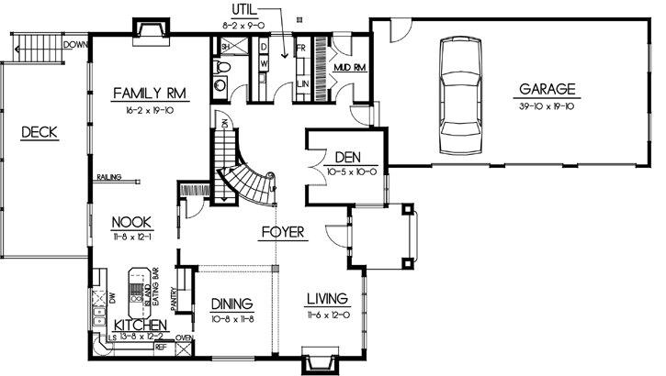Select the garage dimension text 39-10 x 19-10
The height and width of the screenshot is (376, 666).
tap(547, 105)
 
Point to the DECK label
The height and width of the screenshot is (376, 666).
tap(40, 133)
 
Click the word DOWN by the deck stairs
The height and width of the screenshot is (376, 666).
tap(76, 44)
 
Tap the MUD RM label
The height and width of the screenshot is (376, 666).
tap(352, 67)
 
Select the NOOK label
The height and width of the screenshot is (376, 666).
tap(132, 221)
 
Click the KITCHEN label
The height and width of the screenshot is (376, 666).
tap(140, 325)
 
